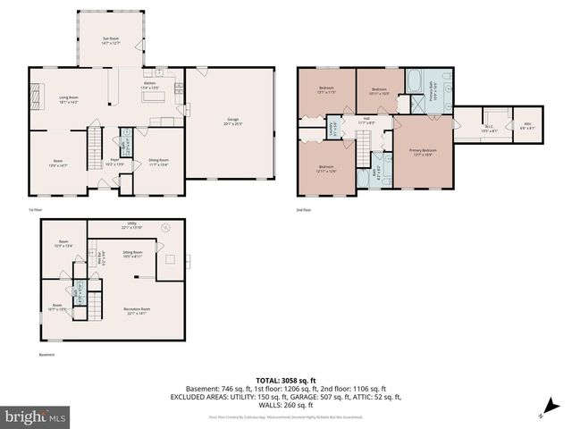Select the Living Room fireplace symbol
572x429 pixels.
click(x=37, y=92)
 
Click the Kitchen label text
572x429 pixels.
click(x=149, y=86)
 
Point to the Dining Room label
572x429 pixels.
click(x=158, y=163)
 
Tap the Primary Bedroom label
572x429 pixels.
click(x=423, y=152)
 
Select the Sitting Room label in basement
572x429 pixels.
click(x=132, y=254)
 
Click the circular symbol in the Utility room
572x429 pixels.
click(x=164, y=229)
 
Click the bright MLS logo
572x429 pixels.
click(x=36, y=416)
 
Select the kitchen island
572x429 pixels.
click(x=163, y=121)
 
